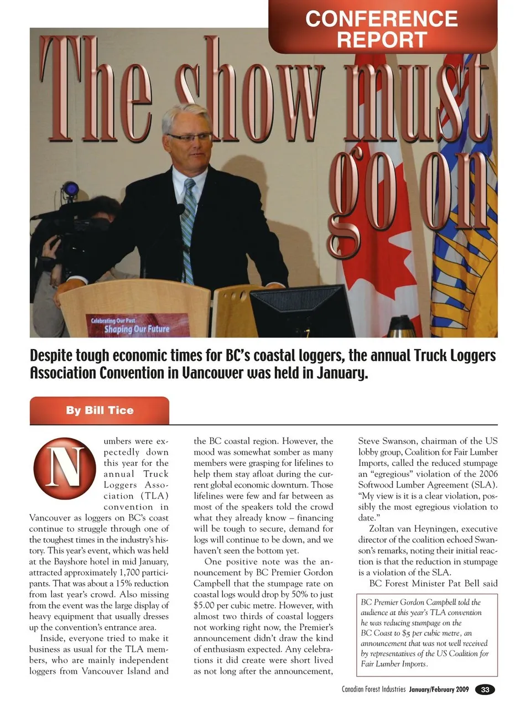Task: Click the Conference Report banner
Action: pos(382,28)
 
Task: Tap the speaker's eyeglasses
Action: pos(190,137)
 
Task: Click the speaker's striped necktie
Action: pos(189,221)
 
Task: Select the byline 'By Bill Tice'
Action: pos(100,411)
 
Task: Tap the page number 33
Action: pos(485,689)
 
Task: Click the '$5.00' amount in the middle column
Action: pos(206,605)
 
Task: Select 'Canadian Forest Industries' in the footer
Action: pos(373,689)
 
